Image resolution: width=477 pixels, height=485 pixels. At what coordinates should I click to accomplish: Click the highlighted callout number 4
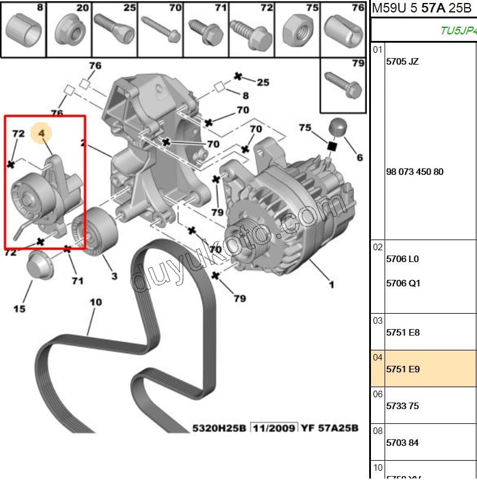click(x=41, y=135)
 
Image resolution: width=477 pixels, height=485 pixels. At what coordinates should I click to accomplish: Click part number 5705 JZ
click(x=402, y=61)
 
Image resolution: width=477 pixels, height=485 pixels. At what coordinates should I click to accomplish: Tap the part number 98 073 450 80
click(x=414, y=172)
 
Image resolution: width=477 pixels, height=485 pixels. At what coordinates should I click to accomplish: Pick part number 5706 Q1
click(x=403, y=283)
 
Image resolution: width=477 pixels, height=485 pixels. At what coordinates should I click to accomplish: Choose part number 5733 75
click(x=402, y=406)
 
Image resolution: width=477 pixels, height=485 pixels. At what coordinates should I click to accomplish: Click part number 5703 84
click(x=402, y=443)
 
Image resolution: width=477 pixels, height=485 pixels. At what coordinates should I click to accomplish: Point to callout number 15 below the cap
click(x=20, y=308)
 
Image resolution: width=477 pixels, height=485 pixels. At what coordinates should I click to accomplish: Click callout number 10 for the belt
click(x=95, y=302)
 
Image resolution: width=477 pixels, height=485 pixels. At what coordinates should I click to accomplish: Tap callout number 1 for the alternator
click(x=331, y=285)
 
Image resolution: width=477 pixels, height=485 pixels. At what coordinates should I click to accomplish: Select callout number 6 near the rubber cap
click(x=359, y=158)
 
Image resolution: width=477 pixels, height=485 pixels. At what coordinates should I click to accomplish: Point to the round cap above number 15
click(x=40, y=264)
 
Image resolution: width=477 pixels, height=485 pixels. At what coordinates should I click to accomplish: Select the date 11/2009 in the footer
click(x=273, y=427)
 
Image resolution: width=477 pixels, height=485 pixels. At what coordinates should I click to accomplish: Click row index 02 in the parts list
click(x=377, y=247)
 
